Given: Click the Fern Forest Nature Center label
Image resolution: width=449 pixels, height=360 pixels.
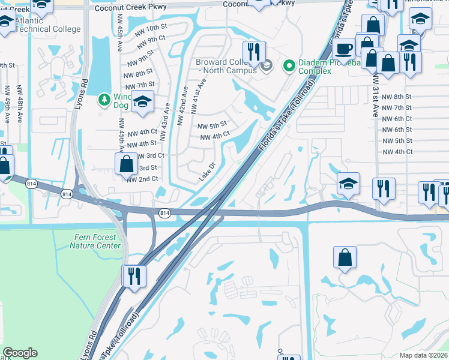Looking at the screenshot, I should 95,241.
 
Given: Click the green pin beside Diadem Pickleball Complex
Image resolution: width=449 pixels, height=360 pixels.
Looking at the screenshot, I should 288,64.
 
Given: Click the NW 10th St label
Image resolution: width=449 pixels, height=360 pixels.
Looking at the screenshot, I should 151,28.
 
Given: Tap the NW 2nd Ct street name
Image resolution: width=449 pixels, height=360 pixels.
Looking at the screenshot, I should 142,179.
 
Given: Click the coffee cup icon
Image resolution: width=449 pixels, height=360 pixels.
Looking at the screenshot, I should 344,48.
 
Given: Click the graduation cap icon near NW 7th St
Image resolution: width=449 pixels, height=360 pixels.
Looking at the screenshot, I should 143,102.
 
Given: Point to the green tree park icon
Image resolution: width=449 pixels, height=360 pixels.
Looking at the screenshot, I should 104,98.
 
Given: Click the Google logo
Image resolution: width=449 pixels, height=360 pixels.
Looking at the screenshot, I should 20,353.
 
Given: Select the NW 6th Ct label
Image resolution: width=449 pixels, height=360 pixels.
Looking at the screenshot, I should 397,119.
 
